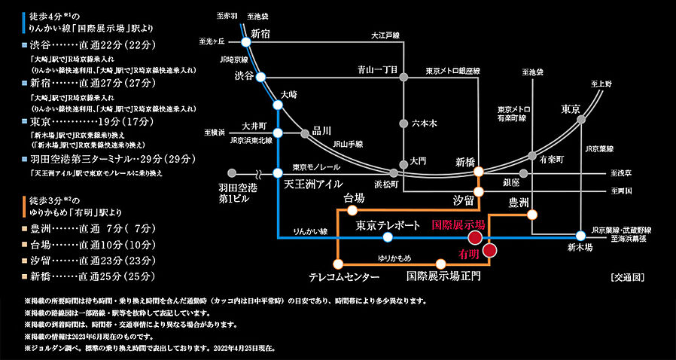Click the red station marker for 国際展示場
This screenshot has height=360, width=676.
475,237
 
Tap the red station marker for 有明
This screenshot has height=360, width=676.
489,251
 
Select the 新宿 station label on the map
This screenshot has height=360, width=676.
260,33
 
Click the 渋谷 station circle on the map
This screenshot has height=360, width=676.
260,77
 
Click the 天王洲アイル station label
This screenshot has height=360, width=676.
314,184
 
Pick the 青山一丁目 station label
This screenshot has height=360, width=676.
377,69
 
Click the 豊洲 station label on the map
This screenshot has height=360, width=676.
519,202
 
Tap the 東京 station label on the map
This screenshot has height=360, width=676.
571,109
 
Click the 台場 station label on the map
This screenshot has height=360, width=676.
354,198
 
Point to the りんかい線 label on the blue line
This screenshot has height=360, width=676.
309,231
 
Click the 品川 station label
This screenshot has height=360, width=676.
321,130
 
